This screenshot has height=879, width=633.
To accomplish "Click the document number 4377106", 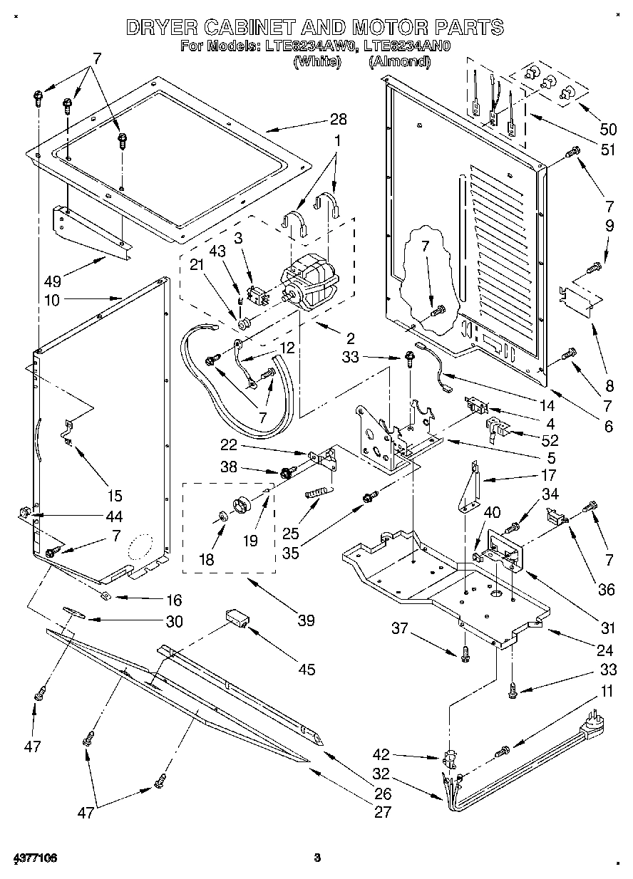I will point(34,855).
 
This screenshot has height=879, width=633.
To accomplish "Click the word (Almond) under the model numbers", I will point(399,62).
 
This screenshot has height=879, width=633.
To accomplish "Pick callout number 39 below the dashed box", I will point(306,620).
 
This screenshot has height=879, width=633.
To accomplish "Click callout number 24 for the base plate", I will point(605,650).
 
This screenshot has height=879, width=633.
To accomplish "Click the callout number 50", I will point(607,130).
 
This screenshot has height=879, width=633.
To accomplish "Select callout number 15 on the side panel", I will point(115,496).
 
